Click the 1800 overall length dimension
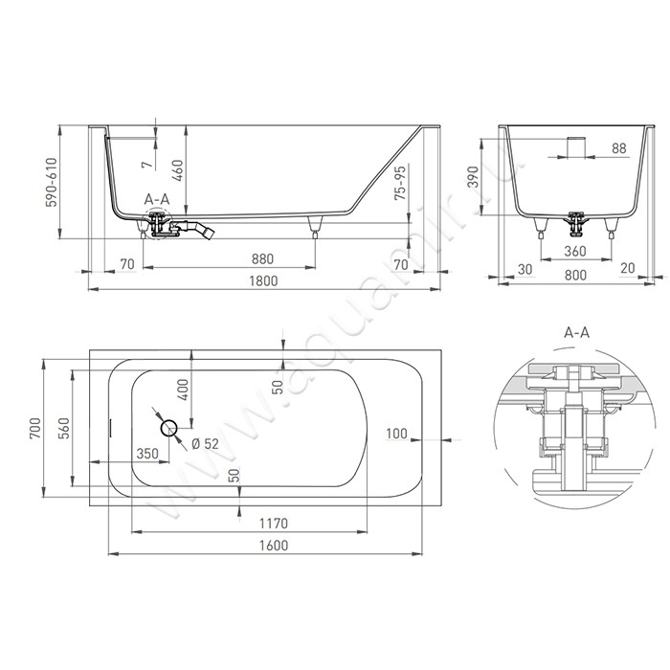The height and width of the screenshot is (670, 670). pyautogui.click(x=263, y=280)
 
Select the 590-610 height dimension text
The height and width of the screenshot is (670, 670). pyautogui.click(x=52, y=182)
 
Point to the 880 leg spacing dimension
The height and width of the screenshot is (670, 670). pyautogui.click(x=262, y=259)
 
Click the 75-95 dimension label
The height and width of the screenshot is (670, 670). pyautogui.click(x=401, y=183)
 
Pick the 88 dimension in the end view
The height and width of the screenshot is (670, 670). pyautogui.click(x=618, y=148)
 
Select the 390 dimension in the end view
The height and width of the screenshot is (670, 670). pyautogui.click(x=474, y=177)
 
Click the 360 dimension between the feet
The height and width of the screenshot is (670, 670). pyautogui.click(x=574, y=251)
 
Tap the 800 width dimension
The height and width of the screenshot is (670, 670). pyautogui.click(x=575, y=275)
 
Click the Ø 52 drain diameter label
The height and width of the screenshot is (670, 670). pyautogui.click(x=205, y=444)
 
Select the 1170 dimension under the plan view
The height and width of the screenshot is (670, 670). pyautogui.click(x=274, y=523)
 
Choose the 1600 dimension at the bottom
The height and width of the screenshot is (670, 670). pyautogui.click(x=274, y=546)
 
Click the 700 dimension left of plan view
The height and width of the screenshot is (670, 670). pyautogui.click(x=35, y=428)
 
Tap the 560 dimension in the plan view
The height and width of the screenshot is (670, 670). pyautogui.click(x=63, y=428)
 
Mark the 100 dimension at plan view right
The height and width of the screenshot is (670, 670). pyautogui.click(x=396, y=434)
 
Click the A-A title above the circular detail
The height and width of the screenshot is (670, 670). pyautogui.click(x=577, y=332)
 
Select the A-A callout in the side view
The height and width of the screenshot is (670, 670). pyautogui.click(x=157, y=199)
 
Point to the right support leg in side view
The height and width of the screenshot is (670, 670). pyautogui.click(x=315, y=227)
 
